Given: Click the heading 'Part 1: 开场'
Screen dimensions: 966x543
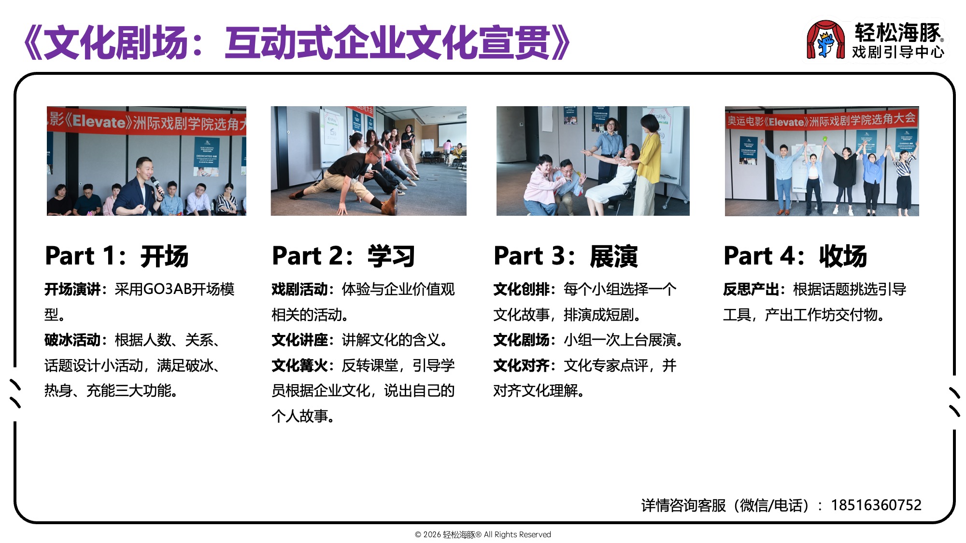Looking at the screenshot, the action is tap(116, 256).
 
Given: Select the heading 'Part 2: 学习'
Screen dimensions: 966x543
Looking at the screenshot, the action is tap(343, 256).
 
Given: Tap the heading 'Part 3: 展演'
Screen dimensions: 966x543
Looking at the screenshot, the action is tap(566, 256).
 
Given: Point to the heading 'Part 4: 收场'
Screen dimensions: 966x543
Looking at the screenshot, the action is tap(795, 256).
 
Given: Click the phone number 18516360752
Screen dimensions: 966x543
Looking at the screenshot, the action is tap(876, 505).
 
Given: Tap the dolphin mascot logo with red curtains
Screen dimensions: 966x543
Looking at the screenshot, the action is tap(825, 40).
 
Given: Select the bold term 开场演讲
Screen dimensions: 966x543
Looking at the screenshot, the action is tap(72, 289).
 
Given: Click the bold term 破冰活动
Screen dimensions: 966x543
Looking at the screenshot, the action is tap(72, 340).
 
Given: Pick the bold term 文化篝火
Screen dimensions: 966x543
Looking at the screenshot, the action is tap(299, 365).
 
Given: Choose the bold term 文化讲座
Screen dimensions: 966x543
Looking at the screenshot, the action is tap(299, 340).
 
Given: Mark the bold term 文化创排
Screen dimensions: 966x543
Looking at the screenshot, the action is tap(521, 289).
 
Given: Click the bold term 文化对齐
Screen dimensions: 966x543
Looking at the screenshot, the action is tap(521, 365).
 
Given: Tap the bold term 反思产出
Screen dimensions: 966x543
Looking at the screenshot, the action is tap(751, 289).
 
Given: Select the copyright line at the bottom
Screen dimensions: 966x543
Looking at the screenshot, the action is tap(483, 534).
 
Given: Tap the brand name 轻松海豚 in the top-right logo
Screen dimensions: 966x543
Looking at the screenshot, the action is tap(898, 32).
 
